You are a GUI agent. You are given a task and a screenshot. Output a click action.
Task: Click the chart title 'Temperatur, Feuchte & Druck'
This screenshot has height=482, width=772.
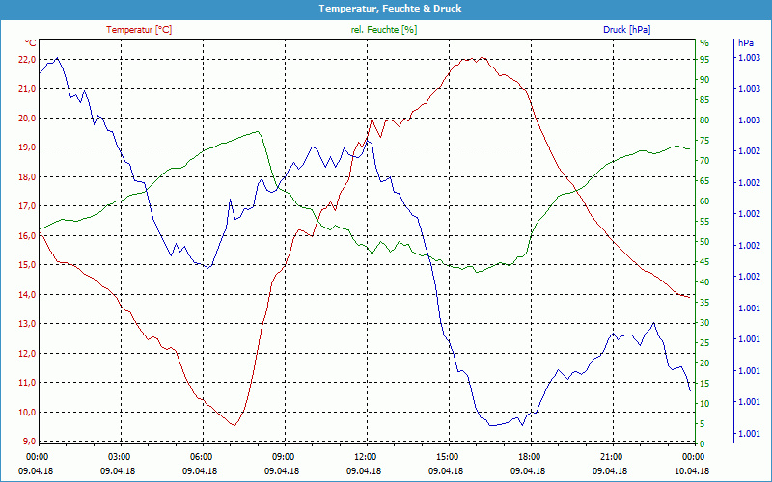[x=386, y=8]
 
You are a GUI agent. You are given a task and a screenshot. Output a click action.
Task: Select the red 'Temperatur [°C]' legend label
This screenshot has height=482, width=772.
[x=139, y=30]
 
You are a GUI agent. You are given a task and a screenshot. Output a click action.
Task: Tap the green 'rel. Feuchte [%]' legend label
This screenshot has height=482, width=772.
[x=384, y=30]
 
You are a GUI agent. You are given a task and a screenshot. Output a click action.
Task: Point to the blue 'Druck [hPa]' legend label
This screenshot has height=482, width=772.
[x=626, y=30]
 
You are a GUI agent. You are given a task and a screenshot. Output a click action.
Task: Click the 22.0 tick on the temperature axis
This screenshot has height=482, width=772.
[x=26, y=59]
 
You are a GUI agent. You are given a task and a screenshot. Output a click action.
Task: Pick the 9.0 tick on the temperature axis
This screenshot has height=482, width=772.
[x=28, y=442]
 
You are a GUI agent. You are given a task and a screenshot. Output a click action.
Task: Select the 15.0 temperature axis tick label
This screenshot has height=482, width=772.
[x=26, y=265]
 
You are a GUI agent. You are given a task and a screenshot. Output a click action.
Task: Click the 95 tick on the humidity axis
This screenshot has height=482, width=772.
[x=704, y=59]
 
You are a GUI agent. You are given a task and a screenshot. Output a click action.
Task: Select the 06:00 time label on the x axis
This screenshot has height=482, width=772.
[x=202, y=456]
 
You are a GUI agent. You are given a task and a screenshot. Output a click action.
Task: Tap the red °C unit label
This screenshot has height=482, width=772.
[x=31, y=43]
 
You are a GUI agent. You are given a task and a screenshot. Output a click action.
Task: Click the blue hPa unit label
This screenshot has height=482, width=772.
[x=746, y=43]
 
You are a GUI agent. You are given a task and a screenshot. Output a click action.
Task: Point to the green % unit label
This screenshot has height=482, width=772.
[x=704, y=43]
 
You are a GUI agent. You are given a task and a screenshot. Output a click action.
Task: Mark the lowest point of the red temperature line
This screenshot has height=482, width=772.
[x=234, y=425]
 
